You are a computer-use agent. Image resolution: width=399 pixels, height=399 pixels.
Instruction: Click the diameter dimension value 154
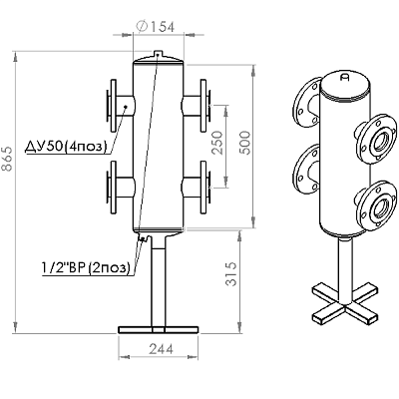[163, 27]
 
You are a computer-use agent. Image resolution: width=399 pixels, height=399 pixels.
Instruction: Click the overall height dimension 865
[7, 159]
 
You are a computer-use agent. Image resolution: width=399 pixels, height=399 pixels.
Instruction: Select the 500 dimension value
[245, 143]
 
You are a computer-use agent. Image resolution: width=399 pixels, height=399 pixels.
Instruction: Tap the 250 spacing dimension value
[217, 143]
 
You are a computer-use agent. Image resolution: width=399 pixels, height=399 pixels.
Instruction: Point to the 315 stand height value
[231, 274]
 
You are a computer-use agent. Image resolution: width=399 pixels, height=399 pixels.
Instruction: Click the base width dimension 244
[161, 349]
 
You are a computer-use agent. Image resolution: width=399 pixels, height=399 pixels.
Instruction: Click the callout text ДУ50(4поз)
[66, 147]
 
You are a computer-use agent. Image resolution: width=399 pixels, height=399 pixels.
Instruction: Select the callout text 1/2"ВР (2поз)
[86, 267]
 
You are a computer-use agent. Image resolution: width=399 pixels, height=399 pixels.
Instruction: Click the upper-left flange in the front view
[112, 105]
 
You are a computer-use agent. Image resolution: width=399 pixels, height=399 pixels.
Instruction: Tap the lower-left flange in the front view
[112, 188]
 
